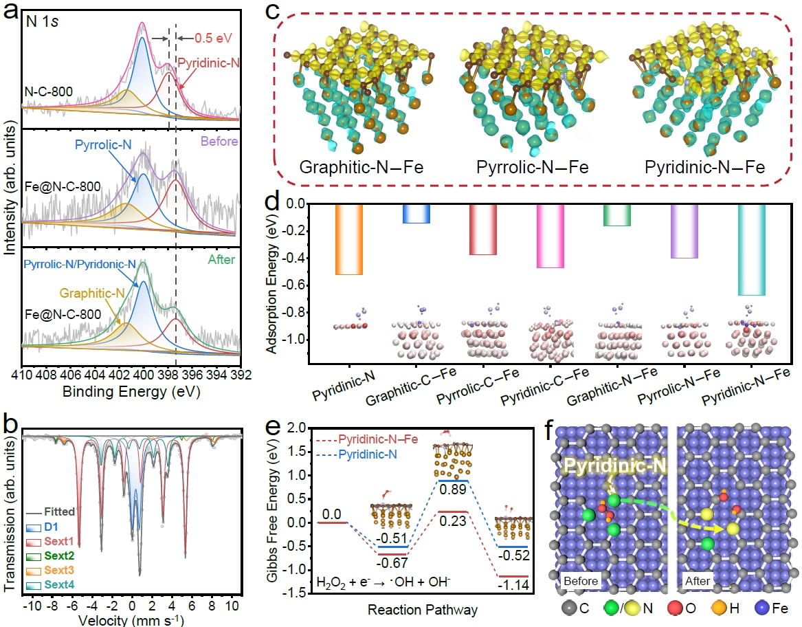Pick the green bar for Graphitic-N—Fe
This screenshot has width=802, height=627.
pos(616,215)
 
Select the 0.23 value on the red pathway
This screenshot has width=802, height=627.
pos(449,522)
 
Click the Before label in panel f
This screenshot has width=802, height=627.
pos(579,581)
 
